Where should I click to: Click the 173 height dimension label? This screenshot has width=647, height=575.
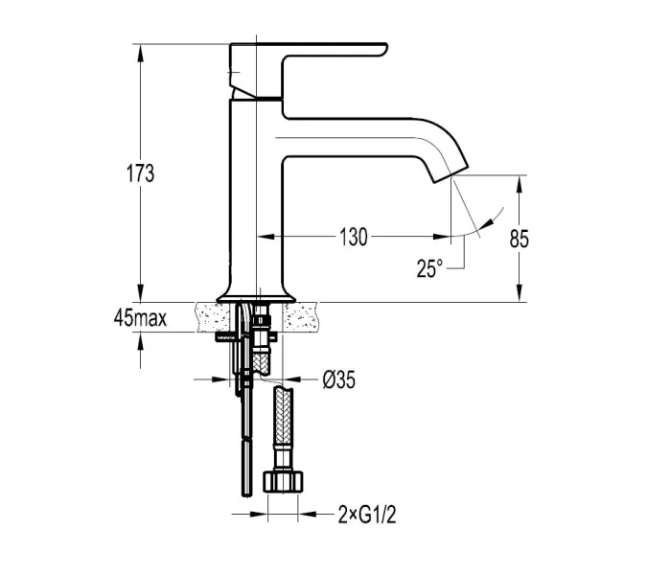[x=140, y=173]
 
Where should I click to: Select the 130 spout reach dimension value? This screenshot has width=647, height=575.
[x=353, y=237]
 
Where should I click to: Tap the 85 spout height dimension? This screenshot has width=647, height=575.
[x=519, y=239]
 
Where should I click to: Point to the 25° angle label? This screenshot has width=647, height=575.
[x=429, y=268]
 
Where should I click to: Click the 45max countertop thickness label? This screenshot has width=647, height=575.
[x=140, y=318]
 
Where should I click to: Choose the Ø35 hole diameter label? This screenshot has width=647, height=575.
[x=338, y=379]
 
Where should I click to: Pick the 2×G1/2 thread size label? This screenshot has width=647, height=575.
[x=367, y=515]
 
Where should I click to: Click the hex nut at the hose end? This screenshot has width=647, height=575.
[x=283, y=482]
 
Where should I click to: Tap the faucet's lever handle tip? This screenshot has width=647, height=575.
[x=385, y=48]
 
